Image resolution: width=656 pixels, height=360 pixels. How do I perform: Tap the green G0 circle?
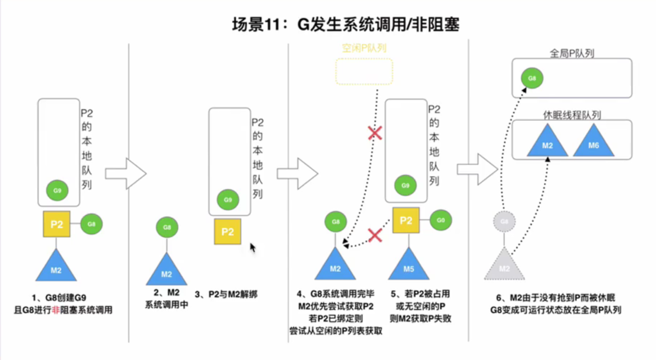pyautogui.click(x=441, y=220)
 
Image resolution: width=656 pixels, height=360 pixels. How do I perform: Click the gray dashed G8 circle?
pyautogui.click(x=505, y=222)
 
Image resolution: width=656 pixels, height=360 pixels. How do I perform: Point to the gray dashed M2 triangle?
pyautogui.click(x=504, y=267)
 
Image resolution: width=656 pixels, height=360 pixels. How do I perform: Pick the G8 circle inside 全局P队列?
pyautogui.click(x=532, y=78)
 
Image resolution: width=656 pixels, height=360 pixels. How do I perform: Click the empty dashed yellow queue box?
pyautogui.click(x=364, y=71)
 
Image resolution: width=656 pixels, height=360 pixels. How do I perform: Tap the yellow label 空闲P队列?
pyautogui.click(x=364, y=49)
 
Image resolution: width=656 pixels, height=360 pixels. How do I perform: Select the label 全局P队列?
pyautogui.click(x=572, y=53)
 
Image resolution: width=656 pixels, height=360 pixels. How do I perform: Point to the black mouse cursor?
pyautogui.click(x=253, y=248)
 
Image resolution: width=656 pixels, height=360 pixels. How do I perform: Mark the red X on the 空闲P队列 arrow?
pyautogui.click(x=375, y=133)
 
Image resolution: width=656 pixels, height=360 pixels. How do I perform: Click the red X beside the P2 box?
pyautogui.click(x=375, y=234)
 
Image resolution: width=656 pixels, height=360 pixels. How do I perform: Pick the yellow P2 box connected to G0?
pyautogui.click(x=406, y=220)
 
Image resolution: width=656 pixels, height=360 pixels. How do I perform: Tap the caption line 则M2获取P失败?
pyautogui.click(x=419, y=319)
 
